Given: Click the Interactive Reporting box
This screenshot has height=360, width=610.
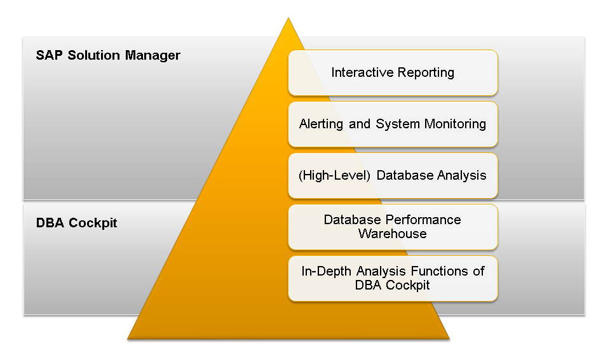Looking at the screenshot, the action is [x=393, y=73].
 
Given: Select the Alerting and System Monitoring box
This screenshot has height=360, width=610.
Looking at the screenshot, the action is [x=393, y=124].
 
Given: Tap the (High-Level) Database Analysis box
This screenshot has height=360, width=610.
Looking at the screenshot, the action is [x=393, y=176].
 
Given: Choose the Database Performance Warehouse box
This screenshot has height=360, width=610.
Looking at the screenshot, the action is [x=393, y=227].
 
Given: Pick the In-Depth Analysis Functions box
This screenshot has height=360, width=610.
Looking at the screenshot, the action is [x=393, y=278].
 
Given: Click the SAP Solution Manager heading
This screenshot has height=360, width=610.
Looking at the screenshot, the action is [x=108, y=56].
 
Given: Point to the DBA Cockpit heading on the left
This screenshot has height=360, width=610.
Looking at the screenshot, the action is [x=77, y=223].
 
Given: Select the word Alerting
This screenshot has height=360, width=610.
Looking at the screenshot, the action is [x=322, y=124].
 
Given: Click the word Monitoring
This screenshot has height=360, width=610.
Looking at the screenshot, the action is [x=455, y=124].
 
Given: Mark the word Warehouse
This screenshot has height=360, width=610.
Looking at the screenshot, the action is [x=393, y=234].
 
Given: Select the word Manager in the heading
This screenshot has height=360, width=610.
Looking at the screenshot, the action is [x=152, y=56].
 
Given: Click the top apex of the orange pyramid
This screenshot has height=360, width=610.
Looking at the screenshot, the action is [x=288, y=18].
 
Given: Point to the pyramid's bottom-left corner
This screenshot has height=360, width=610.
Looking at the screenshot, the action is [x=128, y=339].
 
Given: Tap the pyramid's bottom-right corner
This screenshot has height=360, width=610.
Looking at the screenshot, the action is [x=449, y=339].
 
